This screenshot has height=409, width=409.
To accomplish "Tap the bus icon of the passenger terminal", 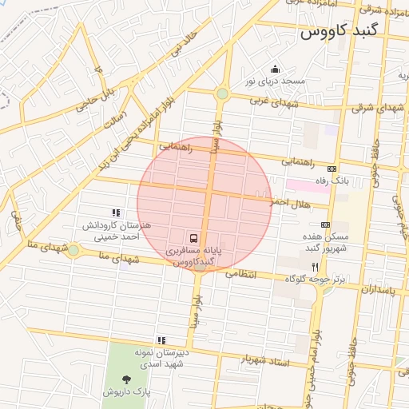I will [x=194, y=238].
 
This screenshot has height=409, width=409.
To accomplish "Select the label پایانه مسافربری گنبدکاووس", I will [x=194, y=256].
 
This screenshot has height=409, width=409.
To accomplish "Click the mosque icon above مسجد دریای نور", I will [x=276, y=69].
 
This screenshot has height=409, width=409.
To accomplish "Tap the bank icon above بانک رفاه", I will [x=332, y=169].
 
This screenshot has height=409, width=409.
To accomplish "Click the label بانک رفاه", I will [x=333, y=181].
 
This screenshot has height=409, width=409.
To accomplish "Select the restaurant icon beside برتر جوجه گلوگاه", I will [x=316, y=267].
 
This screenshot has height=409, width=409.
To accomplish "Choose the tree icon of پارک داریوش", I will [x=125, y=379].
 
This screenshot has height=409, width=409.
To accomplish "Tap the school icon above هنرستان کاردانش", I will [x=117, y=212].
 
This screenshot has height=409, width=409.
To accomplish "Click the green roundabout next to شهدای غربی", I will [x=222, y=94].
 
